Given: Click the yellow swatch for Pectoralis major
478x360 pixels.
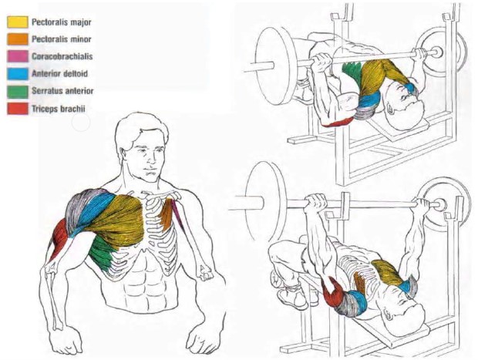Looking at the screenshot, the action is click(18, 22).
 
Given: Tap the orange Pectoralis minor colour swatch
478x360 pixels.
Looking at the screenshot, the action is click(18, 39).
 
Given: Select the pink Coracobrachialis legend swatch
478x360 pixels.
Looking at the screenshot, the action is click(18, 57).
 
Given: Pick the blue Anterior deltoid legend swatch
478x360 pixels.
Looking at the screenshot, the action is click(18, 74).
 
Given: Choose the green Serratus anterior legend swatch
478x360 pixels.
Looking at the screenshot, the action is click(18, 92).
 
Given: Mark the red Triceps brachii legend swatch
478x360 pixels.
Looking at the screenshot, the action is click(18, 109).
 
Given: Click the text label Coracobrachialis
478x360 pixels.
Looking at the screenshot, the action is click(62, 57).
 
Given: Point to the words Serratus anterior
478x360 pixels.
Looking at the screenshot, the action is click(62, 91).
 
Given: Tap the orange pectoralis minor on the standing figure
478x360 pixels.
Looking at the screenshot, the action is click(167, 214).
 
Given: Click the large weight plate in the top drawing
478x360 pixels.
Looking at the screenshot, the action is click(276, 66).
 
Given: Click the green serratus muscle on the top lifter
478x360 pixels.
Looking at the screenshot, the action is click(352, 71).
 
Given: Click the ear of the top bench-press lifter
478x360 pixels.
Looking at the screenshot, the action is click(391, 108).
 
